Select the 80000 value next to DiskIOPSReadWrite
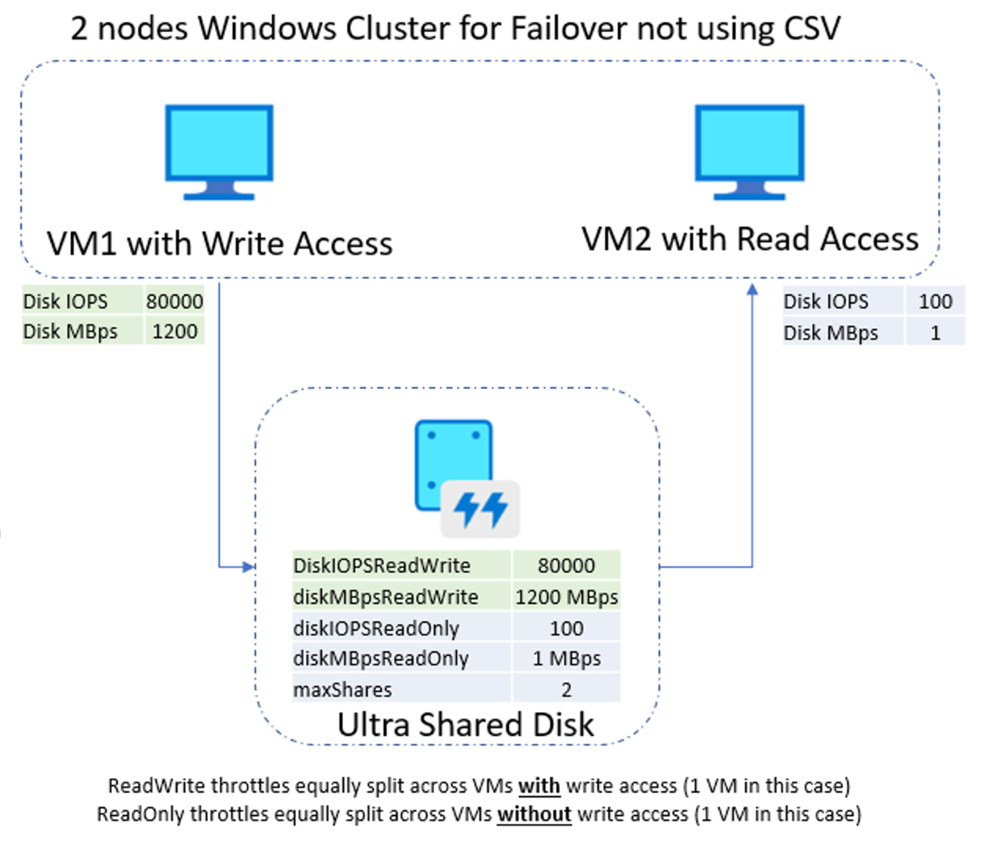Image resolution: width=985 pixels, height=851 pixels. pyautogui.click(x=566, y=565)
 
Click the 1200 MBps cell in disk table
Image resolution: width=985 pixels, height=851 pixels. pyautogui.click(x=566, y=596)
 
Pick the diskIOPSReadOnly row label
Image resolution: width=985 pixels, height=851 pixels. pyautogui.click(x=376, y=628)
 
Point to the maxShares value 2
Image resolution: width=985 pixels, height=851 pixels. pyautogui.click(x=566, y=690)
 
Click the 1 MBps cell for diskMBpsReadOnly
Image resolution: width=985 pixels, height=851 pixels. pyautogui.click(x=566, y=659)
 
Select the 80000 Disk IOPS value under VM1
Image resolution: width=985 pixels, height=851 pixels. pyautogui.click(x=174, y=301)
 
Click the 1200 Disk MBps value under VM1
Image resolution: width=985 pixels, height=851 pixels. pyautogui.click(x=174, y=331)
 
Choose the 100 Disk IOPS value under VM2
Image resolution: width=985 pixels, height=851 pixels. pyautogui.click(x=935, y=301)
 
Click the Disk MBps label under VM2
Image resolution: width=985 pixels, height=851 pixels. pyautogui.click(x=831, y=333)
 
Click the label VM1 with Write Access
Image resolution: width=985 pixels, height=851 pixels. pyautogui.click(x=219, y=244)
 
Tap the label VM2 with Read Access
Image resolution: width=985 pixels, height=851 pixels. pyautogui.click(x=749, y=239)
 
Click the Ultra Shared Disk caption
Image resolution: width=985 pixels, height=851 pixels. pyautogui.click(x=465, y=724)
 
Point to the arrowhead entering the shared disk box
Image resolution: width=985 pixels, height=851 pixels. pyautogui.click(x=250, y=567)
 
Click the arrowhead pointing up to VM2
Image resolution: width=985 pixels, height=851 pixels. pyautogui.click(x=752, y=288)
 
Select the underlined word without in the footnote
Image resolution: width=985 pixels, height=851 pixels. pyautogui.click(x=534, y=814)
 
